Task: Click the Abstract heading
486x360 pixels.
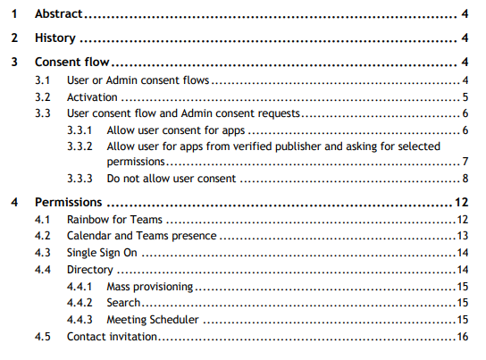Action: coord(59,14)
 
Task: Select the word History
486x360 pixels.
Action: coord(55,38)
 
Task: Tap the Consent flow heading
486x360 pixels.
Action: coord(71,62)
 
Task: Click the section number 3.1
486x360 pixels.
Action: coord(43,80)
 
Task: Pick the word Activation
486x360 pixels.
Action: coord(92,97)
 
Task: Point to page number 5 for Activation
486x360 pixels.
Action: coord(465,97)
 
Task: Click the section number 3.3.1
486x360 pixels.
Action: coord(80,130)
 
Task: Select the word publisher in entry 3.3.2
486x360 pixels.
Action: coord(297,147)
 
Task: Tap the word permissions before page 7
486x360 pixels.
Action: coord(136,162)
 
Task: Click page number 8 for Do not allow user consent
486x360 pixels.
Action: coord(465,179)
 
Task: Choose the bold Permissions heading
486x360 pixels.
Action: coord(68,202)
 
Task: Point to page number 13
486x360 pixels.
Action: coord(463,236)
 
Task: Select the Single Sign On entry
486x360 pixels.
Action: coord(102,253)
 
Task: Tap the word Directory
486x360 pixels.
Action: coord(90,270)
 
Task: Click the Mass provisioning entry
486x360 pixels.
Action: coord(150,287)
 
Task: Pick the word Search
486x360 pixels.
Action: coord(123,303)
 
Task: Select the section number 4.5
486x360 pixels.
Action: coord(43,337)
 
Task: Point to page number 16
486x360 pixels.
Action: coord(463,337)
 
